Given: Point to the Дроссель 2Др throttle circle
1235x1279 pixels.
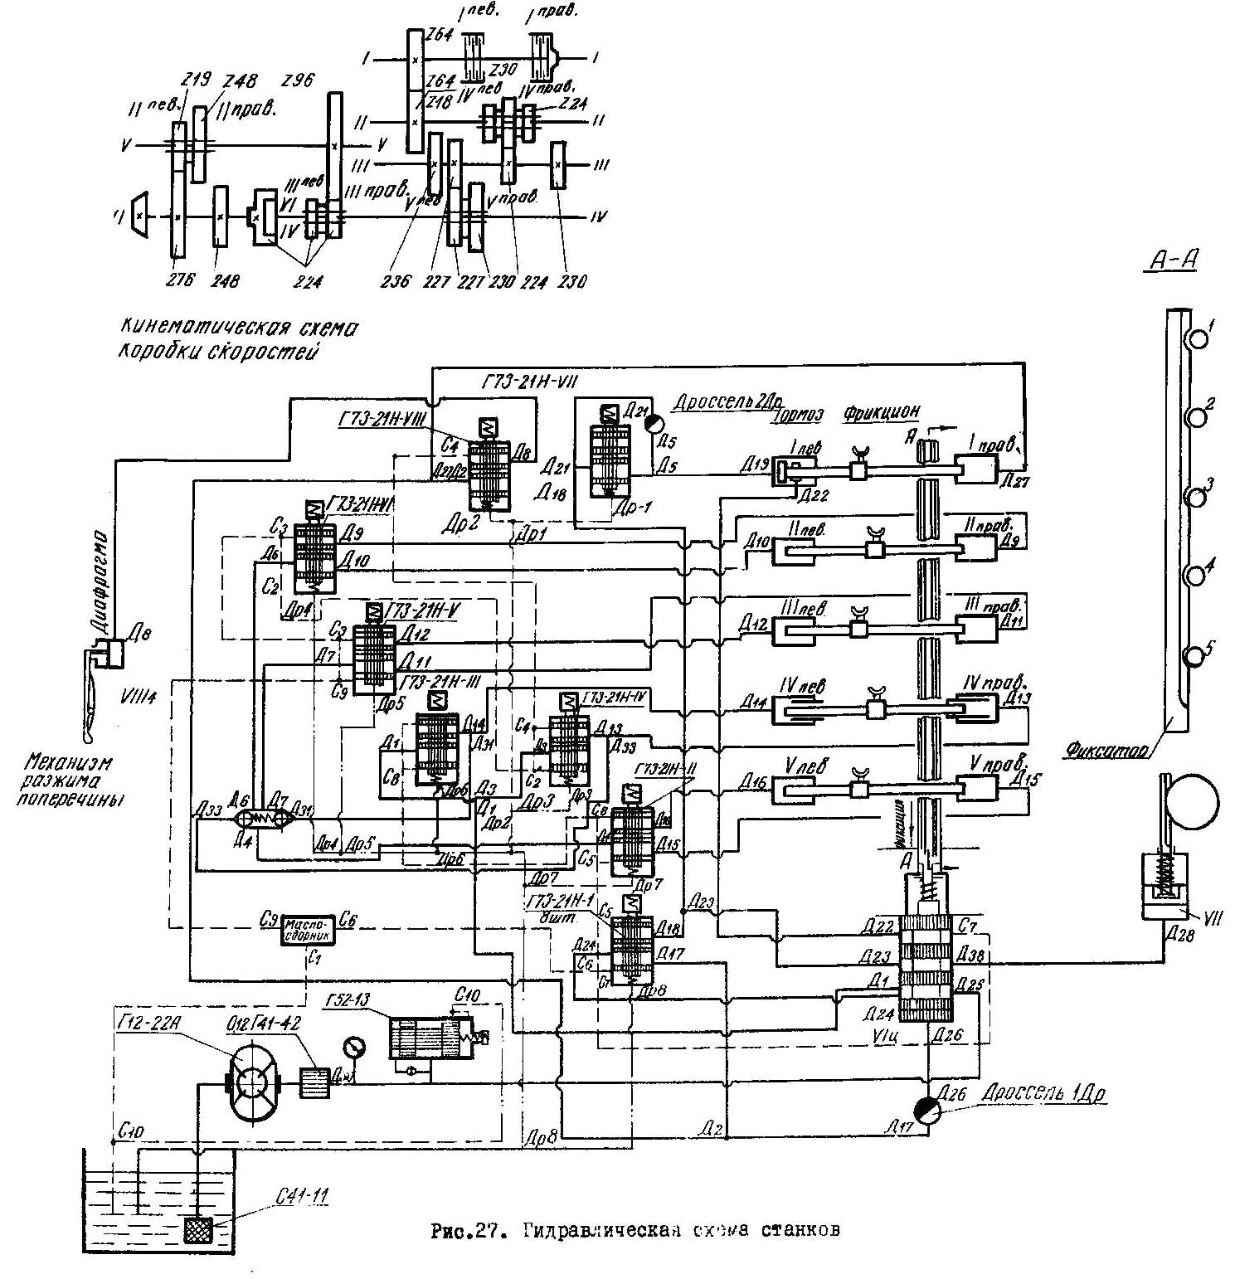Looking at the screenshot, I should point(654,422).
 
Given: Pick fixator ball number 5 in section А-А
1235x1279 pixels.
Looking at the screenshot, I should point(1195,657).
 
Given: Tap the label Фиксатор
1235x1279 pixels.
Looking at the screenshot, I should point(1107,751).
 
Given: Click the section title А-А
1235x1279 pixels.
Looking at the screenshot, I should point(1172,261).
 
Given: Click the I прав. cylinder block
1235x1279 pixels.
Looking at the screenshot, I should point(977,469).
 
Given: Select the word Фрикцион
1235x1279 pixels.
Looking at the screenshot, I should point(882,412).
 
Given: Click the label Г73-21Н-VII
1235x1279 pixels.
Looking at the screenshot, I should point(529,382).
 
